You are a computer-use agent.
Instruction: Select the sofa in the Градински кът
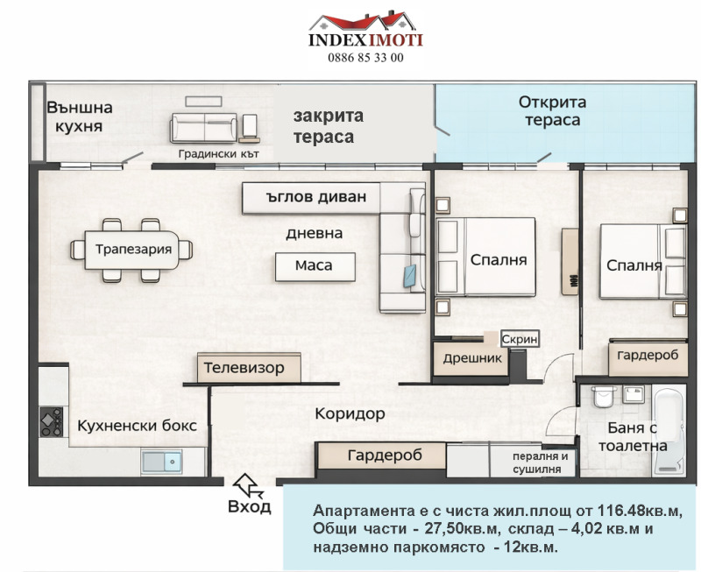point(203,128)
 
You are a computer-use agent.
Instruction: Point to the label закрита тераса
point(328,127)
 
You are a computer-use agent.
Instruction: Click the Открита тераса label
point(552,111)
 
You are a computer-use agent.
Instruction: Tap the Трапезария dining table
point(133,249)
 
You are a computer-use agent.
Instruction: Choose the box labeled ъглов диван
point(315,196)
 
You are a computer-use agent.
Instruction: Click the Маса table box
point(313,266)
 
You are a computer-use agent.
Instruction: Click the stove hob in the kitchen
point(47,422)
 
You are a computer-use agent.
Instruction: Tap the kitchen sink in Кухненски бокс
point(161,459)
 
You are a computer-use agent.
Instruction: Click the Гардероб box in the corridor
point(382,456)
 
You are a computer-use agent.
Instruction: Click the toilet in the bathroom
point(602,400)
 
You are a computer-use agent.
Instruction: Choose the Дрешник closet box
point(471,358)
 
